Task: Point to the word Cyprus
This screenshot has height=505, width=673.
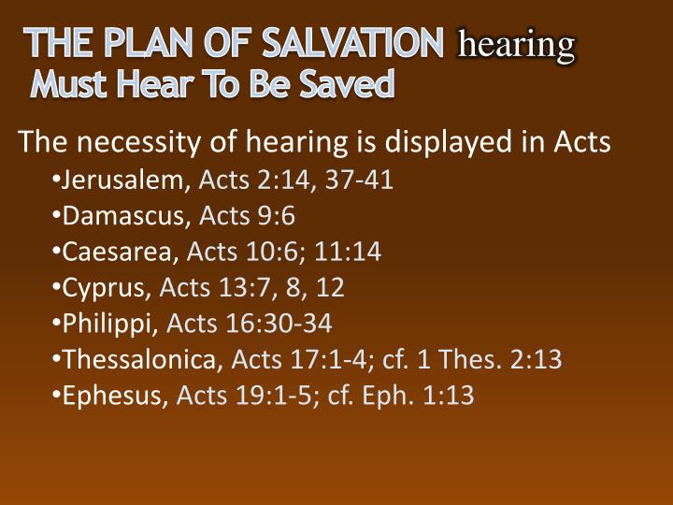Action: pos(107,287)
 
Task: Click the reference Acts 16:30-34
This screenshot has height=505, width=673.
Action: pos(249,324)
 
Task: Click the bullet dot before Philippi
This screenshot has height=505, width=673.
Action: pos(58,324)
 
